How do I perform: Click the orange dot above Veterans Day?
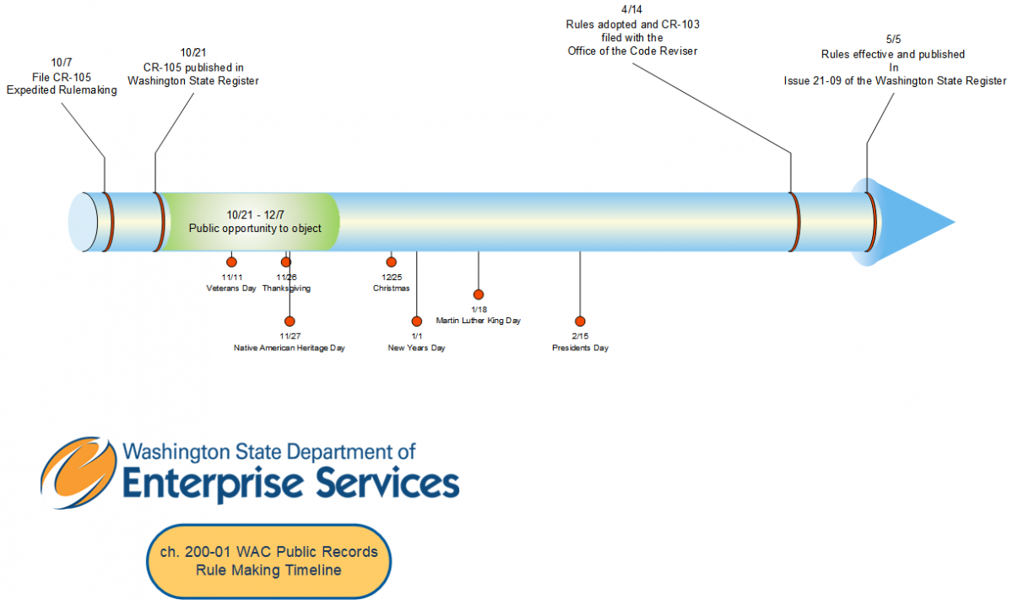(231, 262)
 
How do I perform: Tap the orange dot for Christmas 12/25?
(391, 262)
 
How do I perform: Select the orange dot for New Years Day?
(416, 321)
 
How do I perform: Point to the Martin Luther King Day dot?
(479, 295)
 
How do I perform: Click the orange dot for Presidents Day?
(580, 321)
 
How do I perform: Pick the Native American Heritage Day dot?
(290, 321)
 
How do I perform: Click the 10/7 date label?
(62, 62)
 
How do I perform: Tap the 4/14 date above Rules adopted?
(631, 9)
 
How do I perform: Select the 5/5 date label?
(893, 40)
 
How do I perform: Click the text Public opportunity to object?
(255, 229)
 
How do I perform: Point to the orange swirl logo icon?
(79, 473)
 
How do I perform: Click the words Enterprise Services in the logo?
(291, 484)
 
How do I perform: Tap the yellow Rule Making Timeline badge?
(268, 561)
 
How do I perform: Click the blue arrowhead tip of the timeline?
(955, 222)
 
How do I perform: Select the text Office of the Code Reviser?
(632, 51)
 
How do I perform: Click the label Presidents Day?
(580, 348)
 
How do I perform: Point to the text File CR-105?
(62, 78)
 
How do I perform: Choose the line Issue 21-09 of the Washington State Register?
(895, 81)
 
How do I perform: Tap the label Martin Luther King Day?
(479, 321)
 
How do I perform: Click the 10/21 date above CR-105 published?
(193, 53)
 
